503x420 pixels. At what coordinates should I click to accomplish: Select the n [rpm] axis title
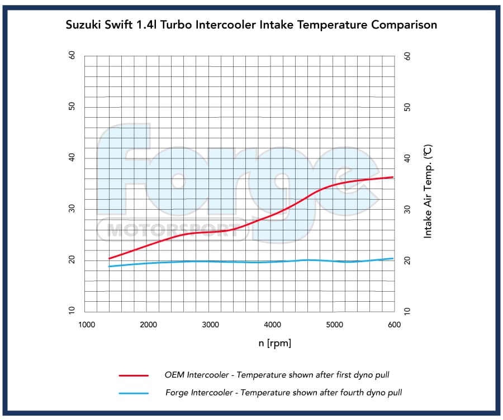coord(274,343)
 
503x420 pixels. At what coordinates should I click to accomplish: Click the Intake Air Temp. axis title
coord(428,191)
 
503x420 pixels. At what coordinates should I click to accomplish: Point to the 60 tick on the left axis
coord(72,56)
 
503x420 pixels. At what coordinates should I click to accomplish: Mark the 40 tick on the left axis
coord(72,158)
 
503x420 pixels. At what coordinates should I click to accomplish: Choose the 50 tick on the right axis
coord(407,107)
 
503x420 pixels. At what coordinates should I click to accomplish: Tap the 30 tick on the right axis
coord(407,210)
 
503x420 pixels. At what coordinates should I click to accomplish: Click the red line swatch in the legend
coord(134,376)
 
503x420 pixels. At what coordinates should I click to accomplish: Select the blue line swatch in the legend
coord(134,393)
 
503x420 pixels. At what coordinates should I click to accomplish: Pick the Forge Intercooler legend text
coord(283,392)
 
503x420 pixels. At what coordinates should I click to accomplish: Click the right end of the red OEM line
coord(393,177)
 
